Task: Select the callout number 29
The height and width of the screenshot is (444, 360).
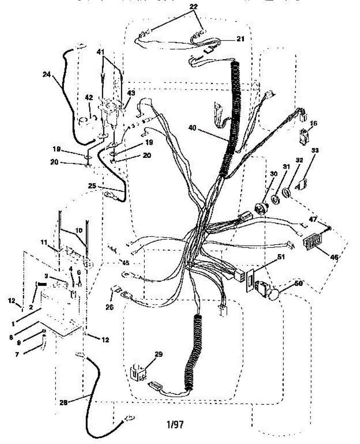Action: [159, 354]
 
